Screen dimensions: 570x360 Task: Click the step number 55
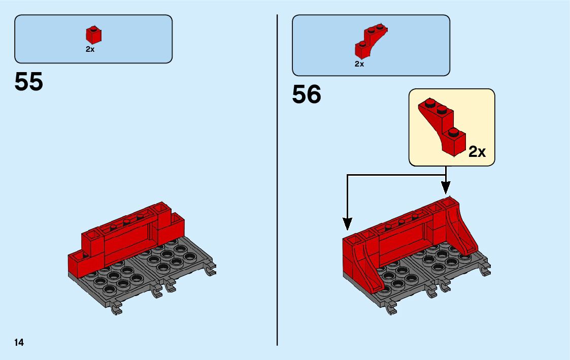[29, 82]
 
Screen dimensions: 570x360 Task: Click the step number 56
[307, 95]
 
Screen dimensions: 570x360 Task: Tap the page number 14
[19, 342]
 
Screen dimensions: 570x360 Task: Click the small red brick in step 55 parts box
[93, 35]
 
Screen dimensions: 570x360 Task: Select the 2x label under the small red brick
[90, 50]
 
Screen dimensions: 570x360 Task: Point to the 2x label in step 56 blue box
[359, 64]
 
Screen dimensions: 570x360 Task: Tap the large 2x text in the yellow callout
[477, 151]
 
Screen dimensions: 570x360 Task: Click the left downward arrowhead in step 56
[347, 223]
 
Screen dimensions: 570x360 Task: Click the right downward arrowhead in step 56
[446, 188]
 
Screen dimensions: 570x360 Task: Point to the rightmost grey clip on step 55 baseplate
[210, 270]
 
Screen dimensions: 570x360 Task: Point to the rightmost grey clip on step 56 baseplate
[484, 269]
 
